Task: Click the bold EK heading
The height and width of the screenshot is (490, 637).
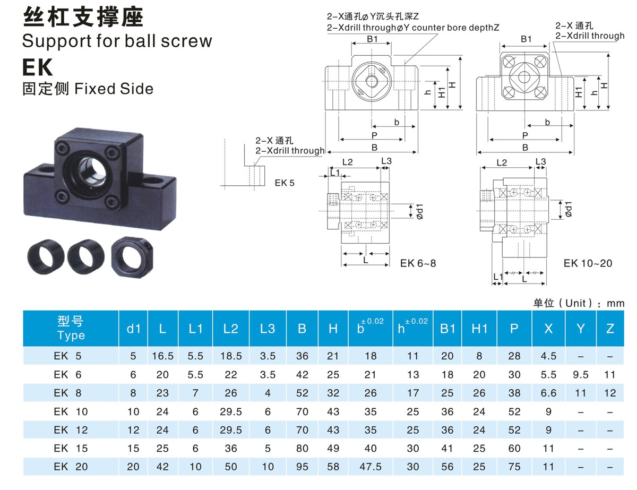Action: (38, 67)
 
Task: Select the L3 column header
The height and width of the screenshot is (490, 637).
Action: (268, 329)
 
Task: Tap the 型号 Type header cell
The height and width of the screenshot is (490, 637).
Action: (71, 329)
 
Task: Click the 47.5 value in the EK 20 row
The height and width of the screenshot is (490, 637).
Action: (371, 467)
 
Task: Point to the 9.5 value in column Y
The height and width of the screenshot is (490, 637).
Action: (581, 375)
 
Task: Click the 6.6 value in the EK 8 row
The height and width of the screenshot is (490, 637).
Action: (548, 393)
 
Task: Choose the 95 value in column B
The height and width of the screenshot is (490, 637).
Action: (302, 467)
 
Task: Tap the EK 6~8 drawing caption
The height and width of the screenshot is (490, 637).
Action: (418, 263)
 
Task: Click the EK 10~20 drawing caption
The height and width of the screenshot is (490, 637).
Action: (587, 263)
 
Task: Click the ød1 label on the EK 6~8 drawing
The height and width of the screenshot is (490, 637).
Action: (418, 212)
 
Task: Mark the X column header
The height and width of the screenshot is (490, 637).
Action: (548, 329)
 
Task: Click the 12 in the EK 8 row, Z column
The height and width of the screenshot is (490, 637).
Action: (610, 393)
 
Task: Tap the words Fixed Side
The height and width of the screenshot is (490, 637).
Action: (114, 89)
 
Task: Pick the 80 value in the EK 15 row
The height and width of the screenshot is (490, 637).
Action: (302, 449)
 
